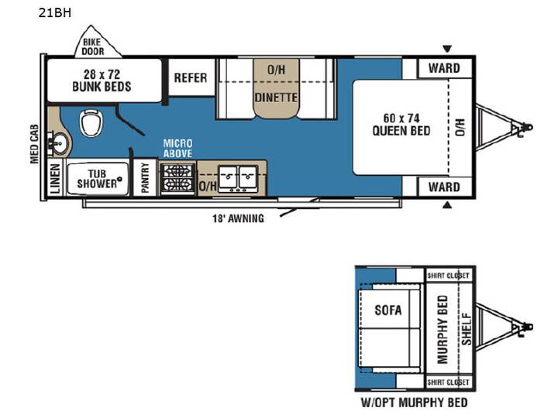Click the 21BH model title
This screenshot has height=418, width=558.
[x=55, y=13]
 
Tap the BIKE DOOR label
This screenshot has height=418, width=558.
[x=92, y=47]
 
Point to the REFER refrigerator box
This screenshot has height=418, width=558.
[x=191, y=77]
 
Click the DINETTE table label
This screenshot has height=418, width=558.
[x=276, y=97]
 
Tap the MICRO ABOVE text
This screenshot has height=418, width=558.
[x=177, y=148]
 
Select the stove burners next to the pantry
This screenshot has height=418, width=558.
[x=177, y=178]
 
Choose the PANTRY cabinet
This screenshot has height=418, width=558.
[x=145, y=177]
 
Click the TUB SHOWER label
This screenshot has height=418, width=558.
[x=97, y=179]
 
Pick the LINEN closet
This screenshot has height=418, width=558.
[x=56, y=179]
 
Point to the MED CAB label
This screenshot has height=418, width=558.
[x=34, y=144]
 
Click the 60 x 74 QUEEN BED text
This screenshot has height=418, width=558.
[x=401, y=125]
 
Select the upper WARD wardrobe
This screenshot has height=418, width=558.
[x=444, y=68]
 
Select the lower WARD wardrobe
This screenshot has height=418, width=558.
[x=444, y=187]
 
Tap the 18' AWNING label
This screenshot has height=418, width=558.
[x=239, y=218]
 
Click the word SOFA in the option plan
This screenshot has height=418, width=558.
[x=388, y=310]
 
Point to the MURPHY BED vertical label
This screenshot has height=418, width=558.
[x=443, y=330]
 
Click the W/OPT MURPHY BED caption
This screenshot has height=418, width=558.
[x=414, y=403]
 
